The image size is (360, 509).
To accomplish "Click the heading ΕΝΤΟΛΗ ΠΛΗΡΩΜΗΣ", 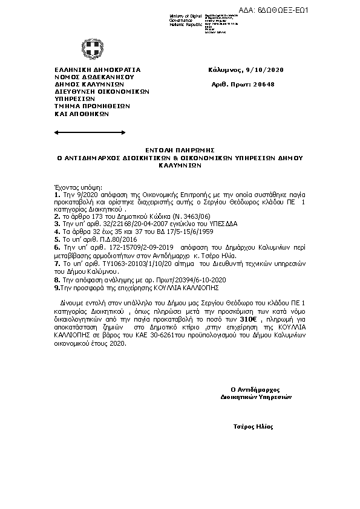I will click(180, 149).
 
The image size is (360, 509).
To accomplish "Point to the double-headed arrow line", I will click(81, 131).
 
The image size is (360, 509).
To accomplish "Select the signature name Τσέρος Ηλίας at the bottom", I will click(254, 427).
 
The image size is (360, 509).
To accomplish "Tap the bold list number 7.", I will click(56, 264).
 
